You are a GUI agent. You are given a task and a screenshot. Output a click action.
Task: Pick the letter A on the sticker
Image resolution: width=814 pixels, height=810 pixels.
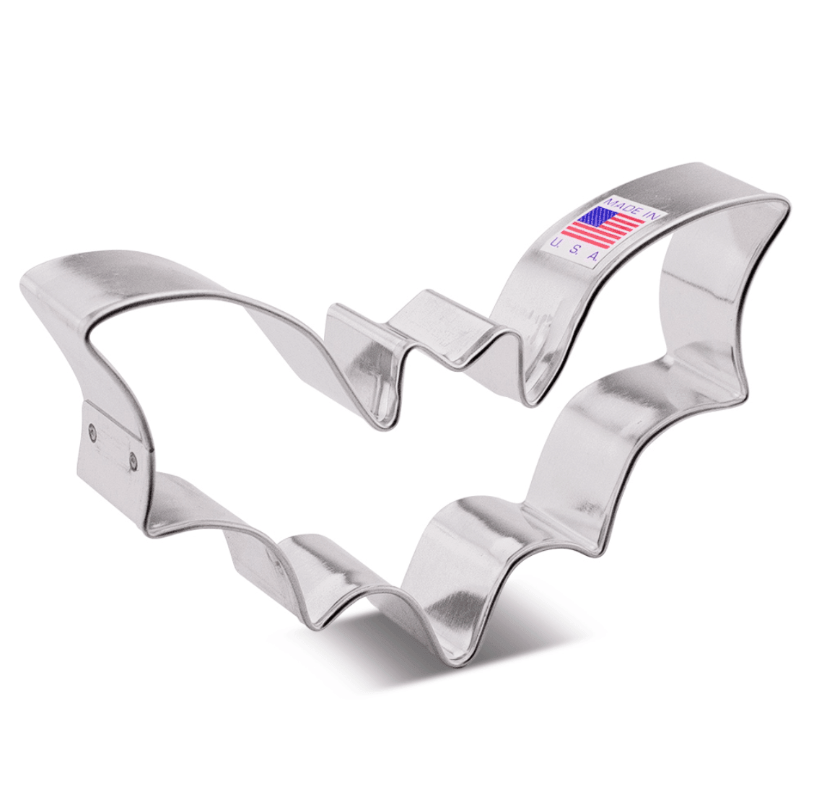point(593,256)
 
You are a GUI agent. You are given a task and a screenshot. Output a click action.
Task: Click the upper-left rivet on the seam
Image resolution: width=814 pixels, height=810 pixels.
point(92,431)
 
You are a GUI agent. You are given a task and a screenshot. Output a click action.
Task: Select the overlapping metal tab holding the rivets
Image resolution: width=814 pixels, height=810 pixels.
point(114,444)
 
